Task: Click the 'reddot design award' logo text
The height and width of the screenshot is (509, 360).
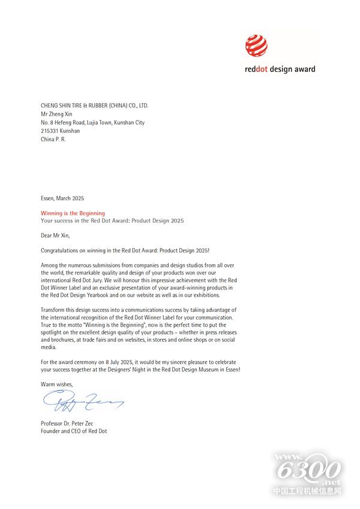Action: pyautogui.click(x=280, y=69)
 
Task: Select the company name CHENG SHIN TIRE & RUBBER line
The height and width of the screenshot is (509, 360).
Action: pyautogui.click(x=94, y=106)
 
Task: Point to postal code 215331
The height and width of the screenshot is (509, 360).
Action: pyautogui.click(x=50, y=131)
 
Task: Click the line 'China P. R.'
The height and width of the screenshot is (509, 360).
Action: pyautogui.click(x=53, y=139)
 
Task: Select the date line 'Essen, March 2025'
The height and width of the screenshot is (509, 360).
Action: pyautogui.click(x=67, y=198)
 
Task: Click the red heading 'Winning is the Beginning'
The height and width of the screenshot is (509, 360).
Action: pyautogui.click(x=73, y=213)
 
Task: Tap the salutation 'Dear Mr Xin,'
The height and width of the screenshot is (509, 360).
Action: pyautogui.click(x=55, y=236)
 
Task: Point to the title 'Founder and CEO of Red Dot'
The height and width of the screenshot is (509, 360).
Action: pyautogui.click(x=74, y=431)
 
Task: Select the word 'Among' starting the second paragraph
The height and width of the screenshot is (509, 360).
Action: pyautogui.click(x=50, y=265)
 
